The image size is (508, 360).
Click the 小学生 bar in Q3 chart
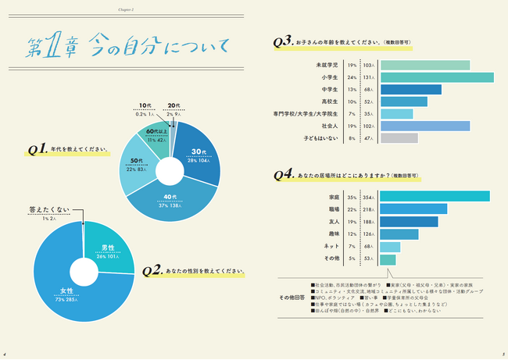tap(437, 77)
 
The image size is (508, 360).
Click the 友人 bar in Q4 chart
tap(408, 222)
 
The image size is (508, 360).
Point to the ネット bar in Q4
tap(390, 247)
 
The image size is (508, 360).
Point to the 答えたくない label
tap(49, 210)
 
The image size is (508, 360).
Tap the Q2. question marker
tap(152, 271)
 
